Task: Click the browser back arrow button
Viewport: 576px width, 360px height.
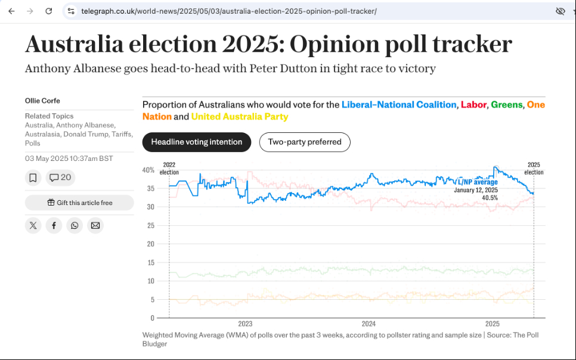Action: click(x=11, y=11)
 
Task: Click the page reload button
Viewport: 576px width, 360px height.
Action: click(x=49, y=11)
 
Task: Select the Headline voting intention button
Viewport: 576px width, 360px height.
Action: click(x=197, y=142)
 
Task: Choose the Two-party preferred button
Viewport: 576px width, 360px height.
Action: click(x=305, y=142)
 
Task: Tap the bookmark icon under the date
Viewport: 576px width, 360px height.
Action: click(x=33, y=178)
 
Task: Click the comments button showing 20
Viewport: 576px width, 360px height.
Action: click(x=60, y=178)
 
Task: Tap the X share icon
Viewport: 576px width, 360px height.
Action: click(x=33, y=225)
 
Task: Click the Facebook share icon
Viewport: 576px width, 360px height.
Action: click(x=54, y=225)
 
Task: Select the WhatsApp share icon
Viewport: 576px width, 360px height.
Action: click(x=75, y=225)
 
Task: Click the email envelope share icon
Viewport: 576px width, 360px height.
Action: click(x=95, y=225)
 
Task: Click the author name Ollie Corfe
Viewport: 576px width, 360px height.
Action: click(x=42, y=101)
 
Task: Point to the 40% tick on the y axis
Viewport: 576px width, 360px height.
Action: click(x=148, y=170)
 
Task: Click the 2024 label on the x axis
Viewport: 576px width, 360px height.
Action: click(x=368, y=324)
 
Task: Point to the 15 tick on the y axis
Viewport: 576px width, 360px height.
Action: click(x=150, y=263)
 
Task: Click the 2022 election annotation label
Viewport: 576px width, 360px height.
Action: click(x=169, y=169)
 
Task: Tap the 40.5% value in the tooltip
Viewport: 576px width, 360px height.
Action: click(x=490, y=197)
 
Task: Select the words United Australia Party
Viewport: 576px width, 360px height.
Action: click(x=240, y=117)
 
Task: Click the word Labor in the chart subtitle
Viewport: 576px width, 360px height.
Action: click(x=473, y=105)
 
